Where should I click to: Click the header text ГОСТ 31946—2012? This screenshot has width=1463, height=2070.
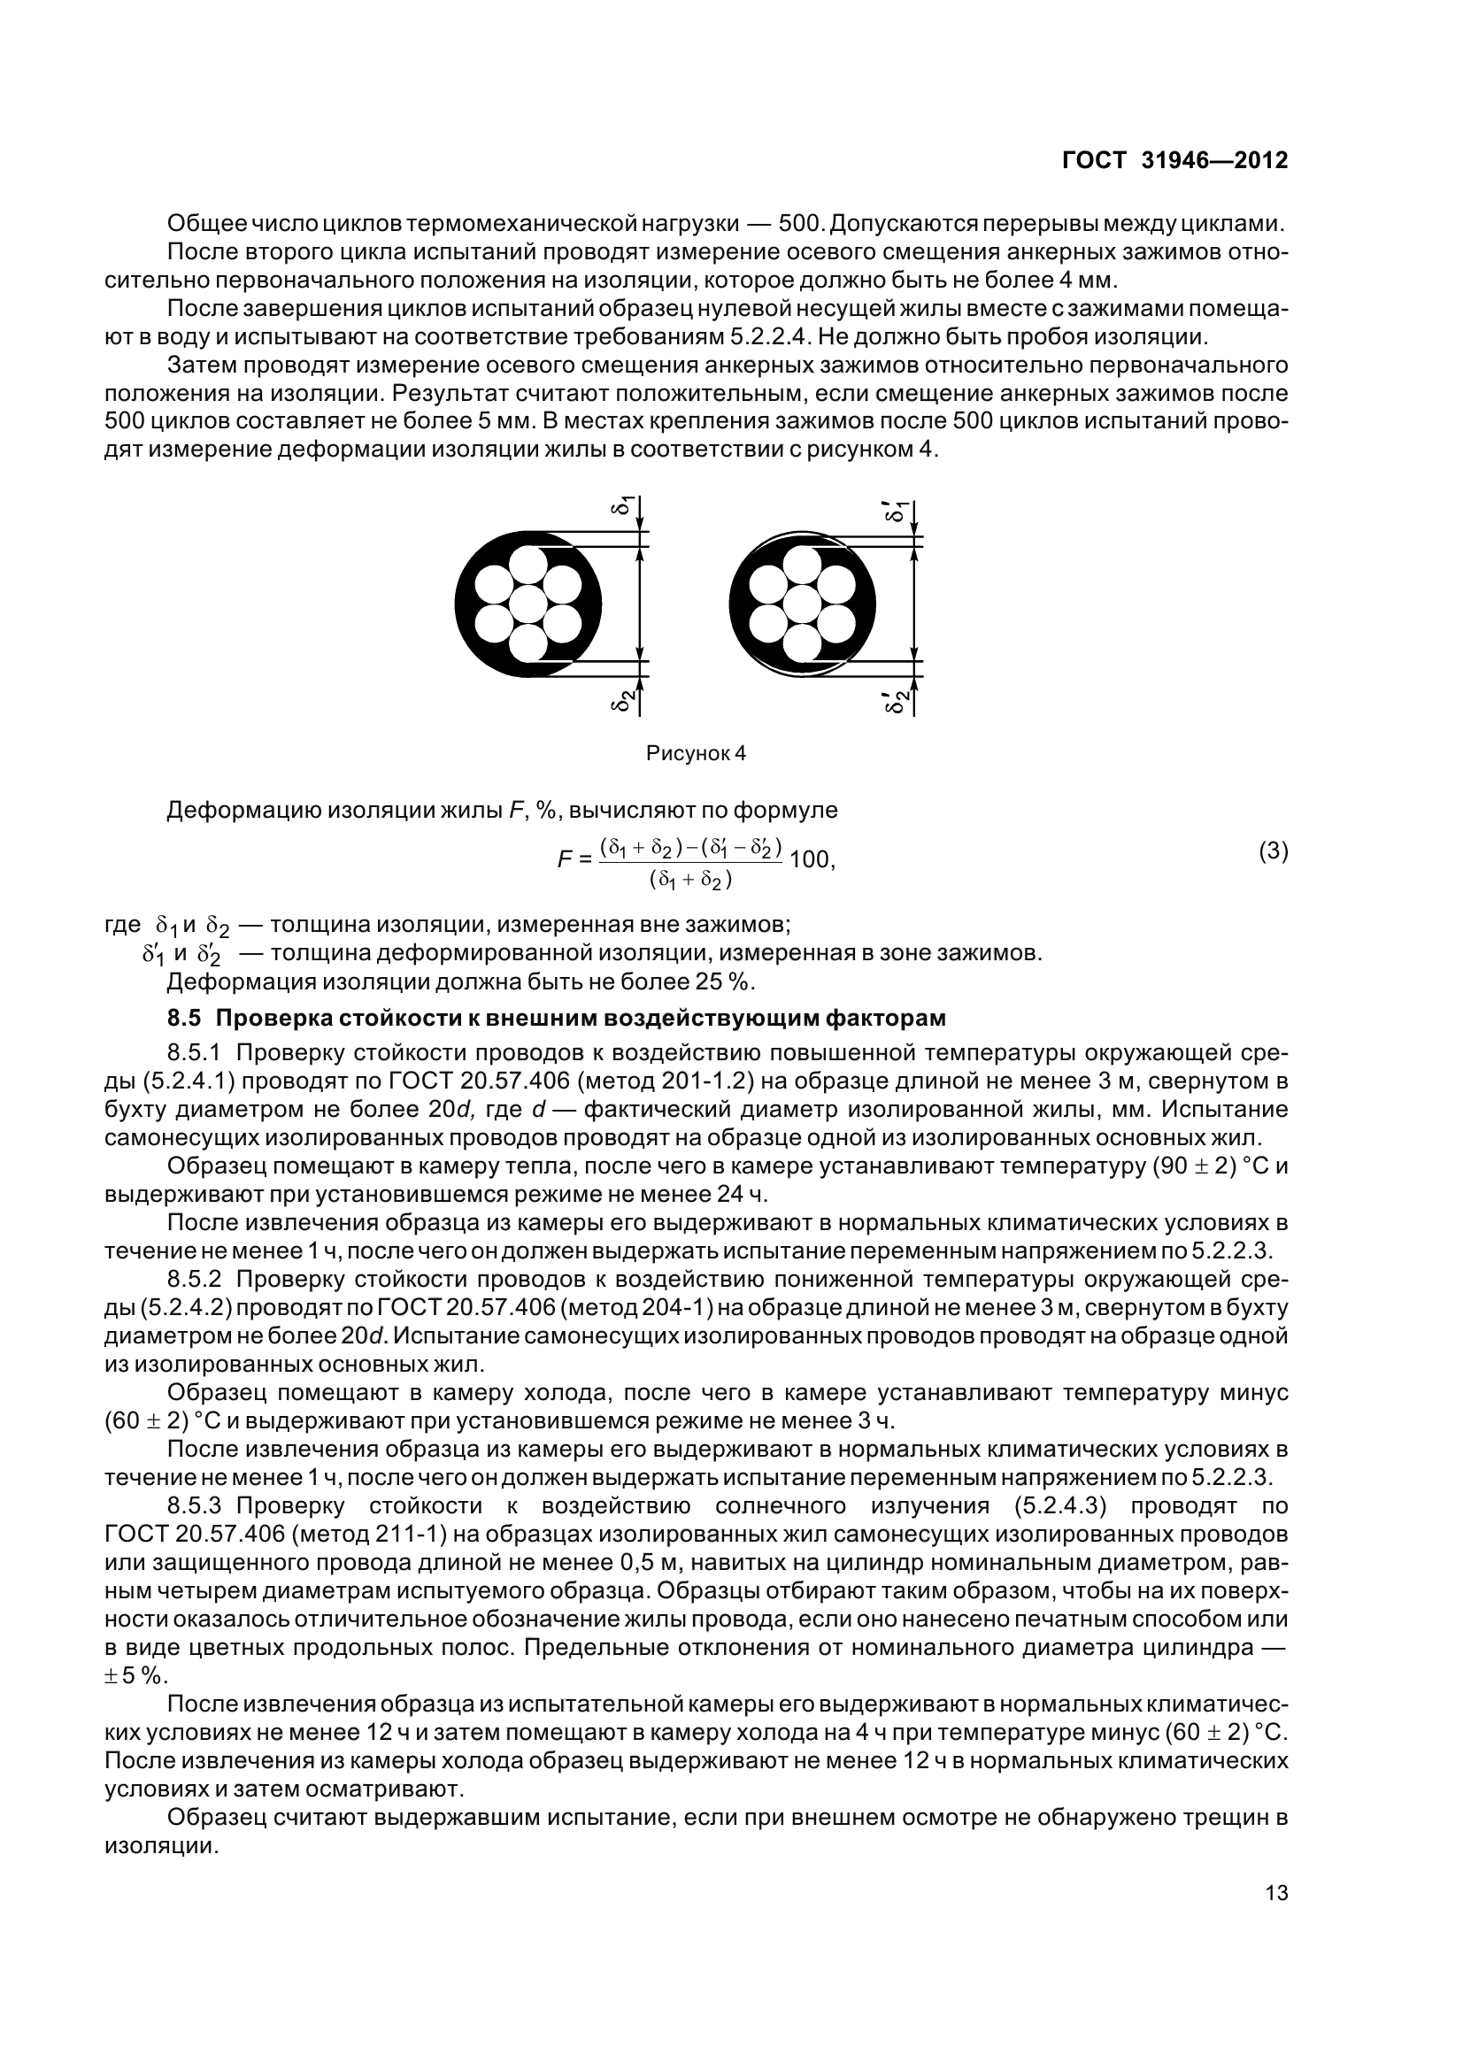(1174, 160)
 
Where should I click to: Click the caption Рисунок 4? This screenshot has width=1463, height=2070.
(696, 753)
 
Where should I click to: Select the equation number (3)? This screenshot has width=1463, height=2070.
(1273, 851)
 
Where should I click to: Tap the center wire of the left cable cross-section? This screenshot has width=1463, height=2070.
(528, 604)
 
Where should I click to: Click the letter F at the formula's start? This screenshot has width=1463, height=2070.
(566, 859)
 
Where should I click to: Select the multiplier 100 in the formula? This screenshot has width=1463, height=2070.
(809, 859)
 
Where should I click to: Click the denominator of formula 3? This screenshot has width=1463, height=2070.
(690, 880)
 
